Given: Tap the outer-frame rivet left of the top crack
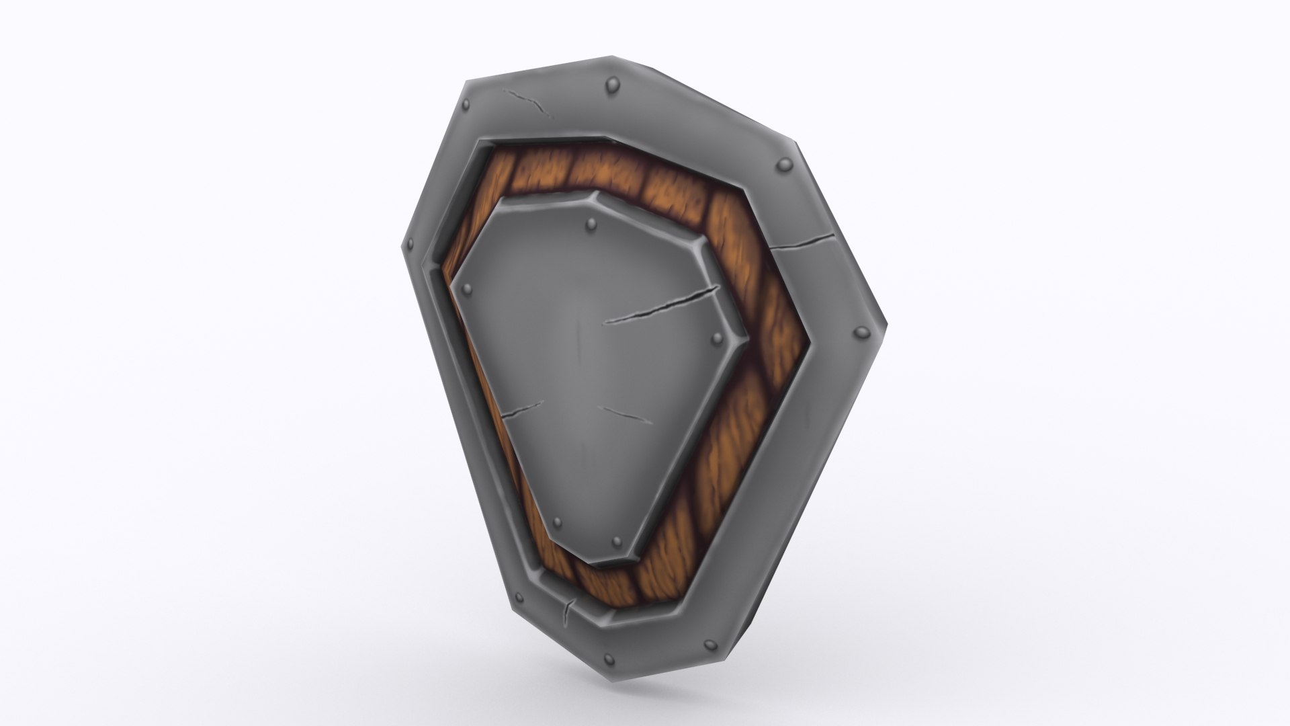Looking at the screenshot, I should coord(464,108).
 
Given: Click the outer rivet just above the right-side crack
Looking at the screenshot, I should coord(783,165).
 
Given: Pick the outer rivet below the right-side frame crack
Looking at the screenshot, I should coord(859,332).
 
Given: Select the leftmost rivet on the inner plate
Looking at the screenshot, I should coord(467,289).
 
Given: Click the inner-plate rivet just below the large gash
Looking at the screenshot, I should coord(716,337).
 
